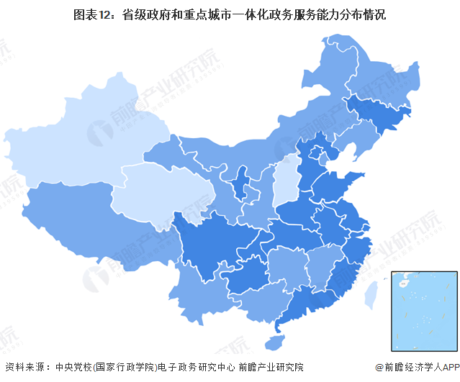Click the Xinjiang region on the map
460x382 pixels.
79,140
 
